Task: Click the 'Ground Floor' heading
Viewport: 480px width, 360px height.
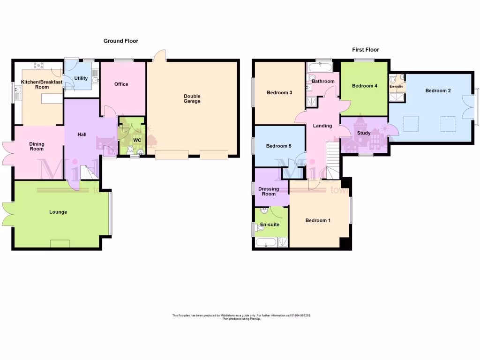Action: pos(121,41)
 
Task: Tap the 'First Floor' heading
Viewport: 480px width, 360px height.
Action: pos(365,50)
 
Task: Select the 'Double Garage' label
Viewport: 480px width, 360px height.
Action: pos(192,98)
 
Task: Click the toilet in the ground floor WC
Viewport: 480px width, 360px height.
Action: pos(130,149)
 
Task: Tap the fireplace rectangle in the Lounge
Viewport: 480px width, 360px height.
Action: pos(60,243)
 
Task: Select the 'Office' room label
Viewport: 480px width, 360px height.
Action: pos(121,84)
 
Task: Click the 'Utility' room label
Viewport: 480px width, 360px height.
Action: pos(81,78)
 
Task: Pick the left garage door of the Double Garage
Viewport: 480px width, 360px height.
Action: pos(172,154)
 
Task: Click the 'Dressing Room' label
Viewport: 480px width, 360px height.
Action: pos(269,192)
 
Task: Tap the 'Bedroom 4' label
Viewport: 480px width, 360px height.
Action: pos(364,86)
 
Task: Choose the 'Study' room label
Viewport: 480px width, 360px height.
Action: pos(364,133)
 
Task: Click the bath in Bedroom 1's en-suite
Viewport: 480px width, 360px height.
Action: pos(266,242)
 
